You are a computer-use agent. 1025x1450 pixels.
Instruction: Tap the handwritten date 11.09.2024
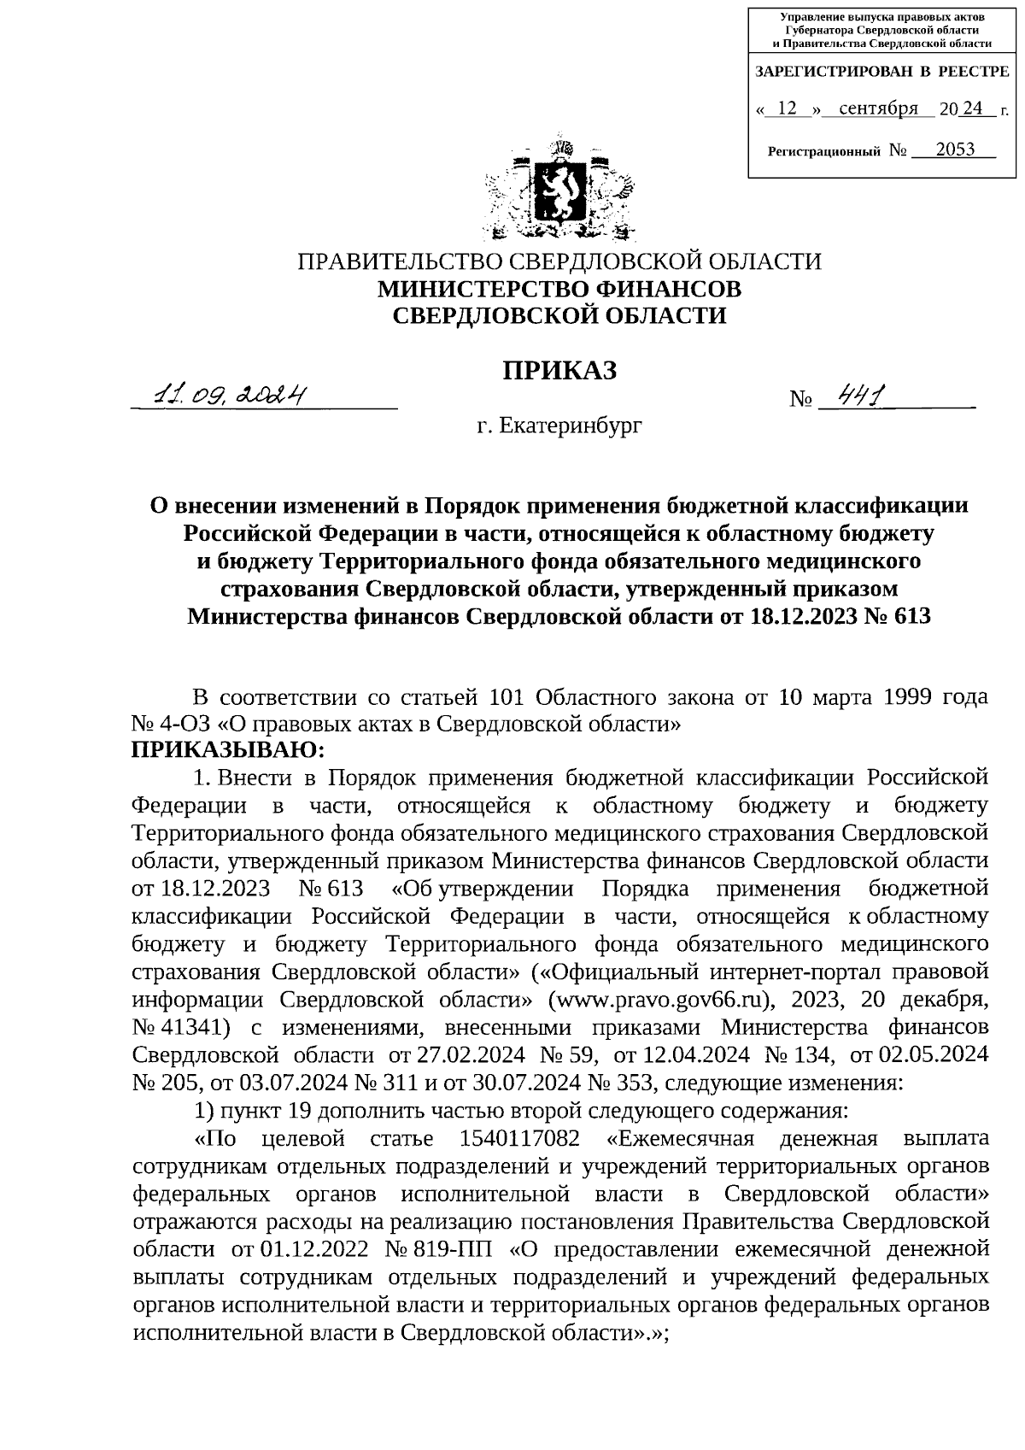[x=229, y=396]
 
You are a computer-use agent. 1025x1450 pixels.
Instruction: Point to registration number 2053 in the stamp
[x=954, y=150]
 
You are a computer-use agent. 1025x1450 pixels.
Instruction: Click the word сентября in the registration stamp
[x=879, y=109]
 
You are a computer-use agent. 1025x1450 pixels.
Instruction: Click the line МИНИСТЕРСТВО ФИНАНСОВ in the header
[x=559, y=289]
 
